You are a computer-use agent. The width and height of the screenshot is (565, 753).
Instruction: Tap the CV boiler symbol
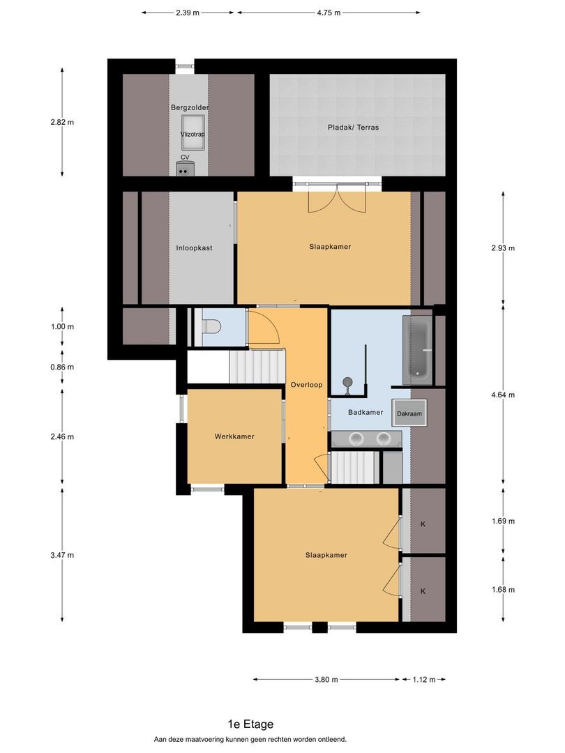(x=186, y=167)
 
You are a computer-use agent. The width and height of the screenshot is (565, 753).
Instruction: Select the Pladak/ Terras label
(x=353, y=128)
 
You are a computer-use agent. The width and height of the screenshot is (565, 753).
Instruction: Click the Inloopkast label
(x=194, y=248)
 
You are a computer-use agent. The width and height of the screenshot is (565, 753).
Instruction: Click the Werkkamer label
(x=234, y=436)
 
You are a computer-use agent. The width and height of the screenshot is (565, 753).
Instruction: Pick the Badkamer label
(x=366, y=412)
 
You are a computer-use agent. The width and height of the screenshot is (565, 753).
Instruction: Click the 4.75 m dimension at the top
(x=329, y=13)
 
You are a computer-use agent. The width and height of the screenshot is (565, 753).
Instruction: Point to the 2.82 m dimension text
(x=62, y=122)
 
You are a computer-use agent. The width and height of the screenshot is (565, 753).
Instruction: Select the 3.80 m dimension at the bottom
(x=326, y=680)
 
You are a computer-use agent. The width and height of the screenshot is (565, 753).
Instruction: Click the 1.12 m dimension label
(x=423, y=680)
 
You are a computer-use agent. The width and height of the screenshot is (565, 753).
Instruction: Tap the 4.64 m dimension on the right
(x=503, y=395)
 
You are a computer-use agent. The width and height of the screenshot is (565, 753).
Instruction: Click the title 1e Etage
(x=250, y=724)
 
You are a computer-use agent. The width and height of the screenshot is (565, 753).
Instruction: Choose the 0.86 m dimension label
(x=62, y=367)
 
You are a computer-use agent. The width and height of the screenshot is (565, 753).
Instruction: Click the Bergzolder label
(x=190, y=107)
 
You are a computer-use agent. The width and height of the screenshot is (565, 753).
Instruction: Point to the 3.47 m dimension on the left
(x=62, y=555)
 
